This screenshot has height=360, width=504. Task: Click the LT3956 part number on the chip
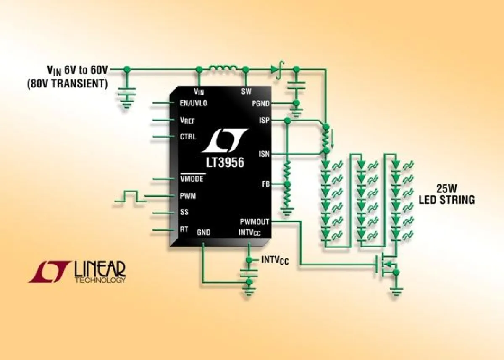pyautogui.click(x=225, y=162)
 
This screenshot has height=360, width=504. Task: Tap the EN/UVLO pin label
pyautogui.click(x=193, y=103)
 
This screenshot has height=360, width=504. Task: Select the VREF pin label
pyautogui.click(x=187, y=120)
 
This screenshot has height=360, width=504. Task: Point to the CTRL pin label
pyautogui.click(x=188, y=137)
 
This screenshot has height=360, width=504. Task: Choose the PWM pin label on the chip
pyautogui.click(x=187, y=196)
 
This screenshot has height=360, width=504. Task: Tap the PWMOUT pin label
pyautogui.click(x=255, y=221)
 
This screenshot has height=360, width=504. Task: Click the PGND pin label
pyautogui.click(x=261, y=103)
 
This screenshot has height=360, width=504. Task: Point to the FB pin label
pyautogui.click(x=265, y=184)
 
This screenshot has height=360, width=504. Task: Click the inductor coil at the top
pyautogui.click(x=223, y=68)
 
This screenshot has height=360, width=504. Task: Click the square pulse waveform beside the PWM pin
pyautogui.click(x=130, y=197)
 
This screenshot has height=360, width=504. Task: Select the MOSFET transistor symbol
pyautogui.click(x=386, y=265)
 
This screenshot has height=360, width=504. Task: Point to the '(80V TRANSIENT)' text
pyautogui.click(x=67, y=84)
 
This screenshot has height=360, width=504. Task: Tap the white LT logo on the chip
pyautogui.click(x=225, y=141)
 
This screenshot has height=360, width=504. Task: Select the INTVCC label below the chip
pyautogui.click(x=275, y=260)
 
